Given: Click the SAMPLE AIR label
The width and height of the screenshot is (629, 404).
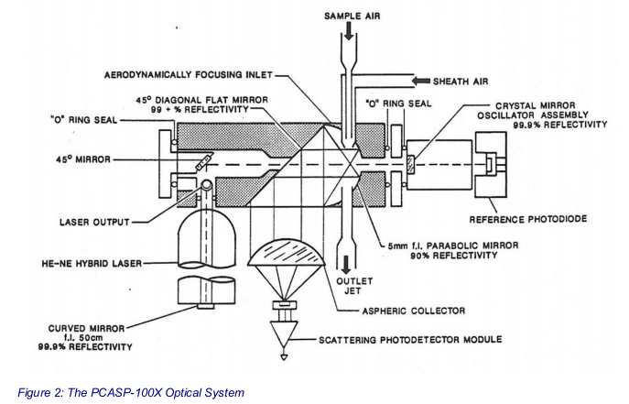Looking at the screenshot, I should tap(351, 16).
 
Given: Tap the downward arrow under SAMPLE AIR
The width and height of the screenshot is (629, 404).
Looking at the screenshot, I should tap(350, 37).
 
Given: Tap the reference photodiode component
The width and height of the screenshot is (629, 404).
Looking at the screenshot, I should tap(493, 165).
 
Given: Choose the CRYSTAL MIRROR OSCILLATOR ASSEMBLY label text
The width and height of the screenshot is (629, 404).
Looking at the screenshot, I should tap(544, 115).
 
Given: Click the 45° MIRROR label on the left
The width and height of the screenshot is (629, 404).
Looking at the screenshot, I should tap(81, 159).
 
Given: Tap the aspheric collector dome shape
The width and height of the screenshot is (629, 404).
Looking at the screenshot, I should tap(287, 259).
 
